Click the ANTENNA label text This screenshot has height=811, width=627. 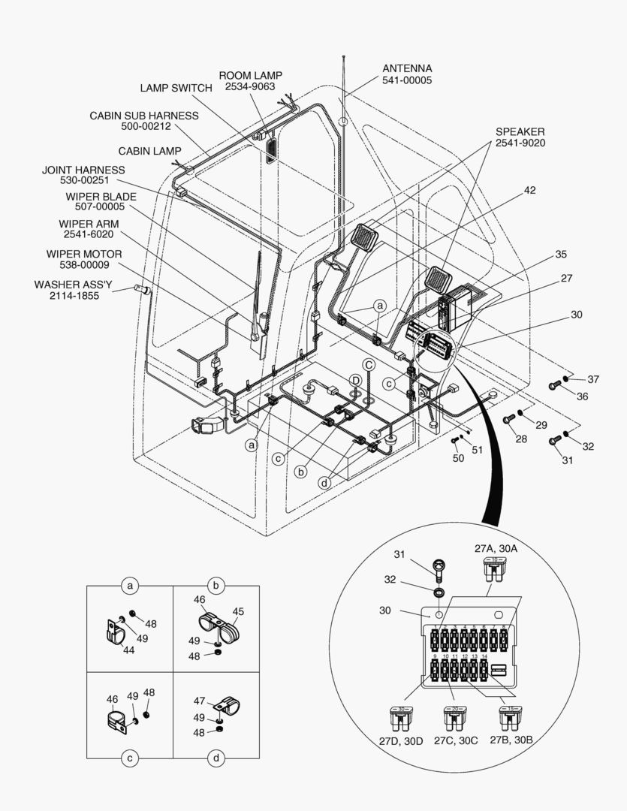tap(406, 68)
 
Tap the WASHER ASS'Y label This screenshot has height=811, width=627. tap(72, 285)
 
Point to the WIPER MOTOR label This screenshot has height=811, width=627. tap(83, 254)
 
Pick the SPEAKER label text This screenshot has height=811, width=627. tap(520, 131)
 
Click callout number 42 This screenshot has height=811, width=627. tap(529, 190)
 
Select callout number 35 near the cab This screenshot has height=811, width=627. tap(560, 255)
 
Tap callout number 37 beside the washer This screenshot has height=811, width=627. tap(593, 378)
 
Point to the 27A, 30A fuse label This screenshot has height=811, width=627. tap(496, 549)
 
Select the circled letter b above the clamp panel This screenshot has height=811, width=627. tap(216, 585)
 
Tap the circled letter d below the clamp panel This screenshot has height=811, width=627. tap(216, 758)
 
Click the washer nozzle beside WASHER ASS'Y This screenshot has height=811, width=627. tap(140, 289)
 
